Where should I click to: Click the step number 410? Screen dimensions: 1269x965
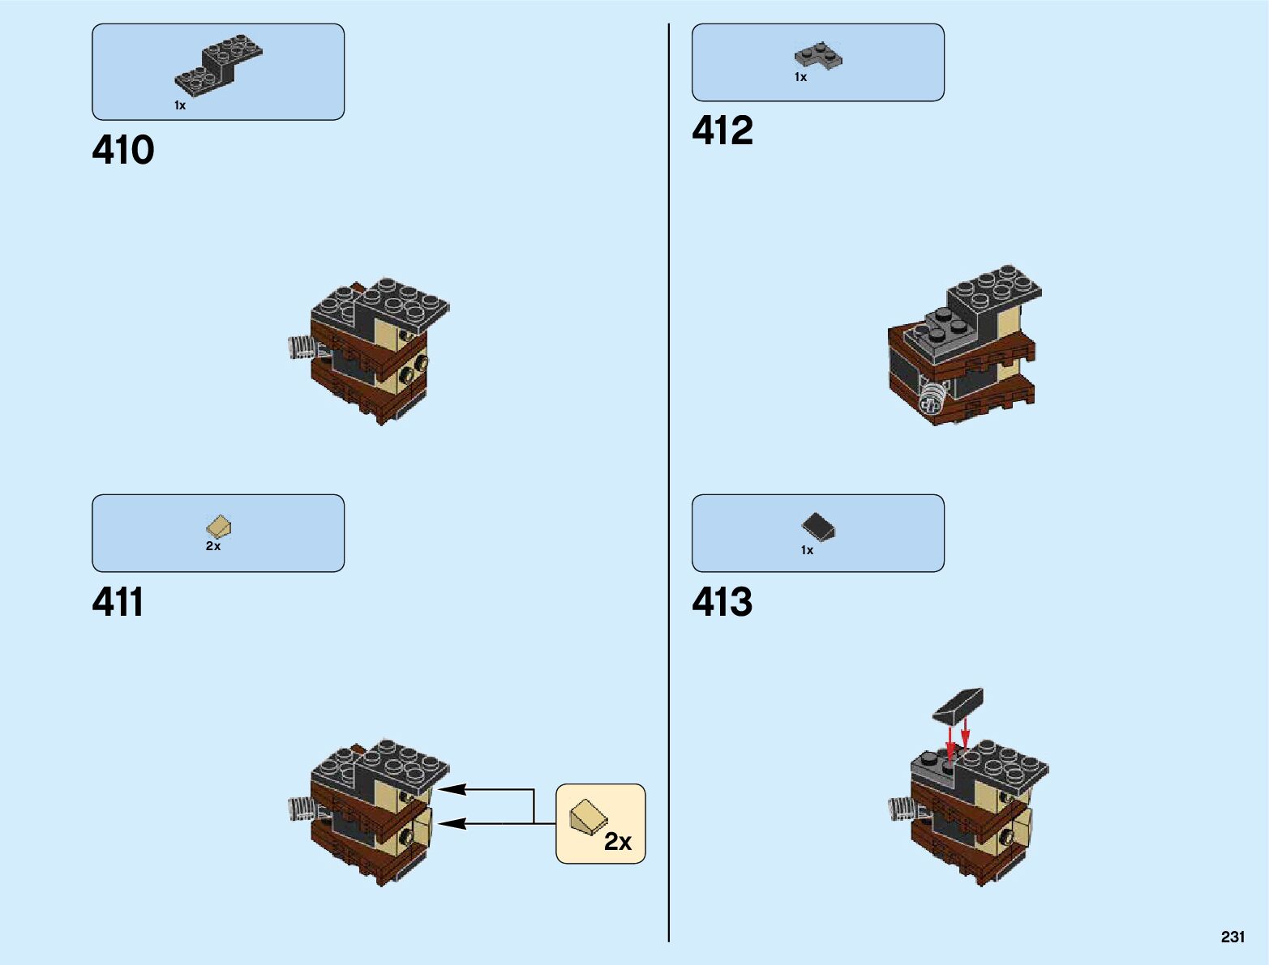pyautogui.click(x=123, y=151)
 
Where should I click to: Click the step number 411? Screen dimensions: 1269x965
pyautogui.click(x=118, y=603)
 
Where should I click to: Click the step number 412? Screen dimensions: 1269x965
pyautogui.click(x=722, y=131)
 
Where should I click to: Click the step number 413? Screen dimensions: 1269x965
pyautogui.click(x=722, y=603)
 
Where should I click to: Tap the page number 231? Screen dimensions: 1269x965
pyautogui.click(x=1233, y=937)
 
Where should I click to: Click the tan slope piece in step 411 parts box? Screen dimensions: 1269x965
pyautogui.click(x=218, y=527)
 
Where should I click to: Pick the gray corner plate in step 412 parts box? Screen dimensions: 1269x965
pyautogui.click(x=817, y=56)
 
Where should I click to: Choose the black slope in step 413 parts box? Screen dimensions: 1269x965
pyautogui.click(x=818, y=527)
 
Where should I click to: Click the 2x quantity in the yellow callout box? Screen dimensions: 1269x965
pyautogui.click(x=618, y=843)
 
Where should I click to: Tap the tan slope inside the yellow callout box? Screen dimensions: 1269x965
pyautogui.click(x=587, y=816)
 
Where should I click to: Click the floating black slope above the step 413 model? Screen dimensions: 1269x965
pyautogui.click(x=958, y=705)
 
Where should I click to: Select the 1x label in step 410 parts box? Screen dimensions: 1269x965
pyautogui.click(x=180, y=106)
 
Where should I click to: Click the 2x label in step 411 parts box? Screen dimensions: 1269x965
pyautogui.click(x=213, y=547)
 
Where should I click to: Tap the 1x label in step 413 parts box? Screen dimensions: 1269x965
pyautogui.click(x=807, y=551)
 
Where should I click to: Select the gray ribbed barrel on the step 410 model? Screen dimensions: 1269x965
pyautogui.click(x=301, y=348)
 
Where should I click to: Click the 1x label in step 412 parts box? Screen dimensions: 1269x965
pyautogui.click(x=800, y=78)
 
